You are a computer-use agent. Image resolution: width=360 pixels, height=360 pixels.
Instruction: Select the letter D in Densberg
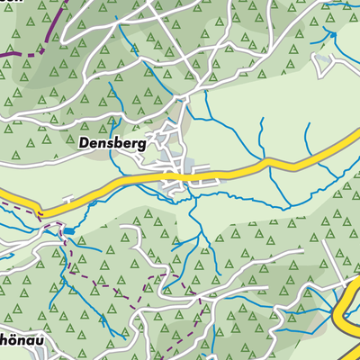coord(83,142)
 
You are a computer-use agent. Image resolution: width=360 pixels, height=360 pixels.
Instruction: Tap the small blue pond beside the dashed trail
coord(67,231)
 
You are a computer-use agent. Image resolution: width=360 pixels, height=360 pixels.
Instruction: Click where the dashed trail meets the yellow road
coord(40,213)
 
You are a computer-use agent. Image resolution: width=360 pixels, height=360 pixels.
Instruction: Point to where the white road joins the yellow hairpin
coord(346,286)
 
